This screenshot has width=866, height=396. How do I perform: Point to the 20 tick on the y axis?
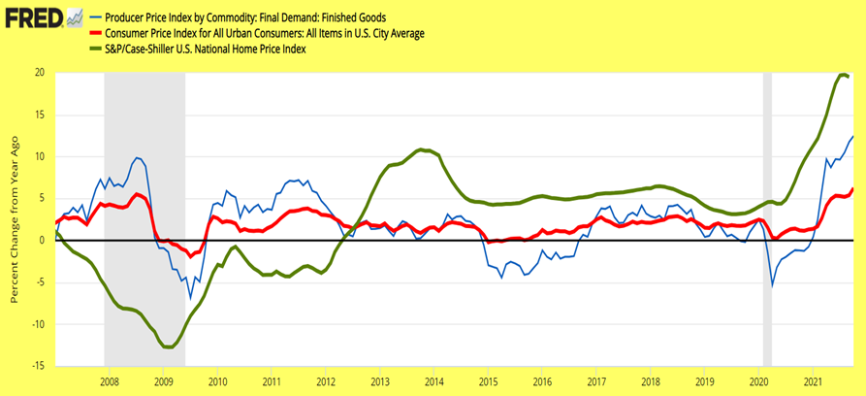39,73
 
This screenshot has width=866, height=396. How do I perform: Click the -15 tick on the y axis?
37,366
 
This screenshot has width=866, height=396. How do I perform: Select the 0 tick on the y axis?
42,240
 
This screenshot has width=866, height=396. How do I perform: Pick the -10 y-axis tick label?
37,324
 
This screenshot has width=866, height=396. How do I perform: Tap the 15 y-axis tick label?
39,115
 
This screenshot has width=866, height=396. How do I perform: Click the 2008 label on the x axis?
111,381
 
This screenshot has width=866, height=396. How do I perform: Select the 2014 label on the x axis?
434,381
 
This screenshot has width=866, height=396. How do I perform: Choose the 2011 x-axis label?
273,381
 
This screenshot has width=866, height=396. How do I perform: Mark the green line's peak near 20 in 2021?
842,74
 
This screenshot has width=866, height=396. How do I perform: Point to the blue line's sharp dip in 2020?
772,285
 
